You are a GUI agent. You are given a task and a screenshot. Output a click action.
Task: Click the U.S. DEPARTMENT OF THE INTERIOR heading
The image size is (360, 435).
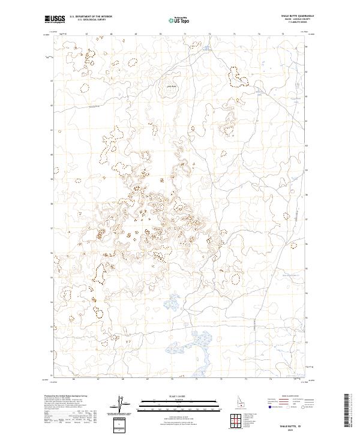pos(91,17)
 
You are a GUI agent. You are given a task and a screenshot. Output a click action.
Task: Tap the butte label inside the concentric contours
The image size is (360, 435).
pos(170,87)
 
